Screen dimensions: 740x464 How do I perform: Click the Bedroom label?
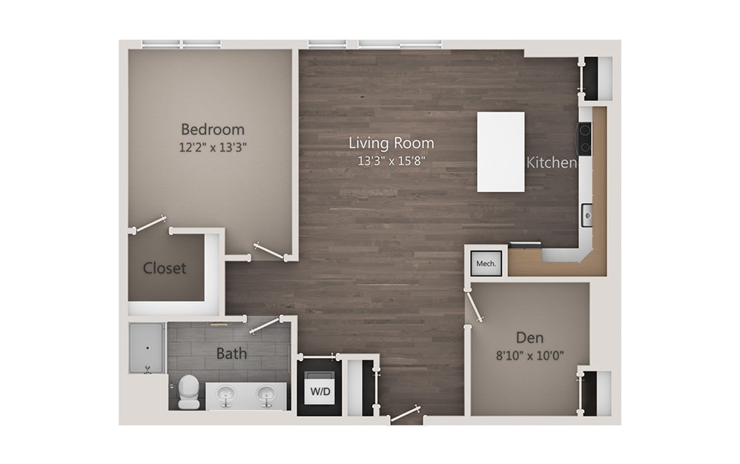tap(212, 129)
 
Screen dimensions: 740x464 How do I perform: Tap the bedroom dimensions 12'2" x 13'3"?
tap(213, 148)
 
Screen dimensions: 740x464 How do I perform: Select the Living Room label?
tap(392, 142)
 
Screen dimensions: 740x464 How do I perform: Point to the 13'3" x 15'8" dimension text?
tap(392, 161)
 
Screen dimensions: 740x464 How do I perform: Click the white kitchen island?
tap(501, 152)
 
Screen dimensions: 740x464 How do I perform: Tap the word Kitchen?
tap(551, 162)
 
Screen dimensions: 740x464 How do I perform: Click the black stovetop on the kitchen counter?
tap(585, 139)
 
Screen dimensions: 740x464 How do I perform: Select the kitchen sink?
tap(587, 216)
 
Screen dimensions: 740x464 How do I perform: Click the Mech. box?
tap(486, 264)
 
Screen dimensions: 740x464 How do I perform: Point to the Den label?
tap(529, 338)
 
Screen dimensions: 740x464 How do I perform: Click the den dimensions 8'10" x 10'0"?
tap(529, 356)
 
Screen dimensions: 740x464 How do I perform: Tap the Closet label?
tap(164, 268)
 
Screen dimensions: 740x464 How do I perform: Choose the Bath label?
tap(231, 353)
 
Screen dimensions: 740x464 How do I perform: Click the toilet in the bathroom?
tap(189, 391)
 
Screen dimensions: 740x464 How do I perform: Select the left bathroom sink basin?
tap(228, 394)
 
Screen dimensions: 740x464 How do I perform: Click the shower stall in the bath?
tap(147, 348)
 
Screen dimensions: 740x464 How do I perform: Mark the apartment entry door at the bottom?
tap(405, 414)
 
